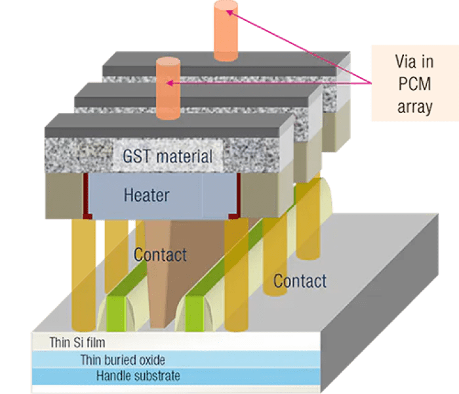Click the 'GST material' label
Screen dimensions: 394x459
tap(168, 157)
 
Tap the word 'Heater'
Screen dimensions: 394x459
tap(146, 195)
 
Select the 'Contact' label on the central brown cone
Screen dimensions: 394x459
tap(161, 254)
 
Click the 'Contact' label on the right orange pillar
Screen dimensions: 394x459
tap(300, 281)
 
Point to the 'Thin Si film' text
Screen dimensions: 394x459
tap(77, 342)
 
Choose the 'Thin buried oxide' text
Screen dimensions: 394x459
tap(123, 359)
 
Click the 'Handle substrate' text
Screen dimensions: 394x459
tap(138, 376)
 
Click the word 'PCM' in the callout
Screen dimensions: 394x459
tap(405, 84)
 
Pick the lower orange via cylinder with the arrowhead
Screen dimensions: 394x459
tap(168, 89)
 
